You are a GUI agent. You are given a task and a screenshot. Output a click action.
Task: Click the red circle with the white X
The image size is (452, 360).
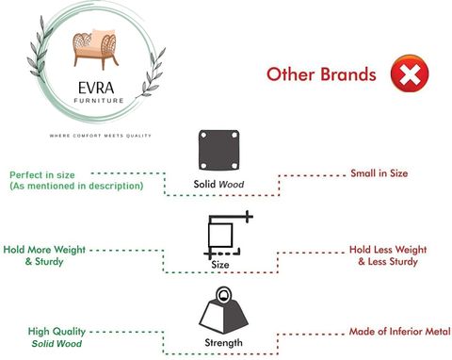pyautogui.click(x=410, y=74)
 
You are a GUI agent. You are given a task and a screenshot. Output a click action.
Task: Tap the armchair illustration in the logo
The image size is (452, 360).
pyautogui.click(x=95, y=49)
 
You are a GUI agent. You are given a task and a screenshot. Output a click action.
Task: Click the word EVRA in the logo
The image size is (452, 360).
pyautogui.click(x=96, y=88)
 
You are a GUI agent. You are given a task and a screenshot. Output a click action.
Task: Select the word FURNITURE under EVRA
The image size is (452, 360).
pyautogui.click(x=99, y=101)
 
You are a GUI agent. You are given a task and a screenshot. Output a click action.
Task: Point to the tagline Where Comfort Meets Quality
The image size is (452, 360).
pyautogui.click(x=101, y=136)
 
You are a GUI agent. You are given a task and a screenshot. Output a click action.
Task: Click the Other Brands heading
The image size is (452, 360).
pyautogui.click(x=321, y=74)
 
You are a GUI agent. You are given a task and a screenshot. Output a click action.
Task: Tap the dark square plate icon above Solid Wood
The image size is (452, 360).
pyautogui.click(x=218, y=150)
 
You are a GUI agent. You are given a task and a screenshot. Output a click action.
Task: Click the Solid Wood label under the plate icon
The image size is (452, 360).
pyautogui.click(x=218, y=184)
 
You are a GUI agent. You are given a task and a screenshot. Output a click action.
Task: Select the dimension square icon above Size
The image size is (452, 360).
pyautogui.click(x=229, y=235)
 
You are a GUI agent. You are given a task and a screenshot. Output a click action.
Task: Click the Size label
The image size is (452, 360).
pyautogui.click(x=220, y=265)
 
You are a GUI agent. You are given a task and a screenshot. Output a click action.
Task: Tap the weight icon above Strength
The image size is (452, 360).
pyautogui.click(x=223, y=310)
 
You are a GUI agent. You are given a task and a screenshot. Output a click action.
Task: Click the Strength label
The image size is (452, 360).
pyautogui.click(x=223, y=342)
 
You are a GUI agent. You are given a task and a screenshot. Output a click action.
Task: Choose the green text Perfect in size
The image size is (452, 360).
pyautogui.click(x=42, y=175)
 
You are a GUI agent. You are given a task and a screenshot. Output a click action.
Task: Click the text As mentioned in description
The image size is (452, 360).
pyautogui.click(x=76, y=186)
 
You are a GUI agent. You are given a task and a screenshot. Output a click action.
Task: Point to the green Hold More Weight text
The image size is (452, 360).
pyautogui.click(x=44, y=250)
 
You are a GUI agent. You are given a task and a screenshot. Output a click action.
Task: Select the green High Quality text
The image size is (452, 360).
pyautogui.click(x=56, y=332)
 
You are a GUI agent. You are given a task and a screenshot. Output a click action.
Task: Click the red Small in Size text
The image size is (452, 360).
pyautogui.click(x=379, y=173)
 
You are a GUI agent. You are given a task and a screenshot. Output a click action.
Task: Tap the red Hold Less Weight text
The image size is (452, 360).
pyautogui.click(x=388, y=250)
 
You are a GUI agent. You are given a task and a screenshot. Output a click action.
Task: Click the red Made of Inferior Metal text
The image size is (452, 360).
pyautogui.click(x=399, y=332)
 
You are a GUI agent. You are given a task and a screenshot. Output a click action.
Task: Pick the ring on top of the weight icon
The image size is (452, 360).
pyautogui.click(x=223, y=295)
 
